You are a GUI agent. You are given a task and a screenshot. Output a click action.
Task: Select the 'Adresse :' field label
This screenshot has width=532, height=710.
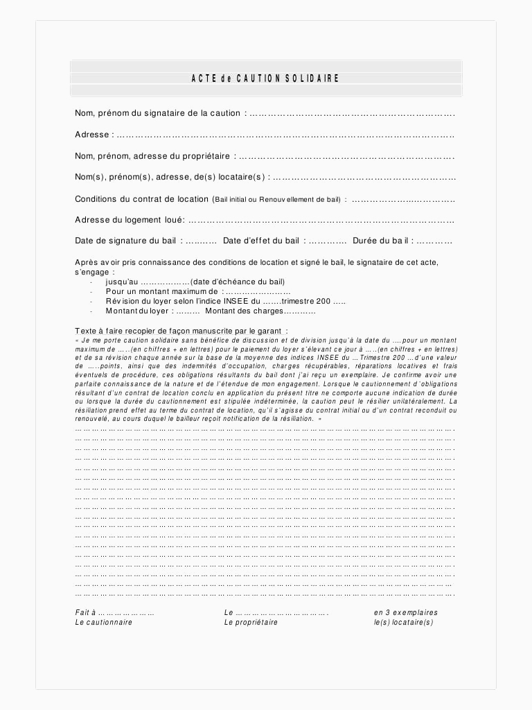(92, 135)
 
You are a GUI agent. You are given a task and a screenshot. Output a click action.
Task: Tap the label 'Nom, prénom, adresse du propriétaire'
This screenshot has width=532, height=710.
(152, 156)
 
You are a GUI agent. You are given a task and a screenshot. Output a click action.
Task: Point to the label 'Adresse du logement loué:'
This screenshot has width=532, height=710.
(130, 220)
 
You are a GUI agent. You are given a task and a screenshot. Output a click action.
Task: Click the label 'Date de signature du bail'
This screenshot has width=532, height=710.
(127, 241)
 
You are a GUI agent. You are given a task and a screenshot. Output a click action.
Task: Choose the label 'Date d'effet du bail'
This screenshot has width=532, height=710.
(261, 241)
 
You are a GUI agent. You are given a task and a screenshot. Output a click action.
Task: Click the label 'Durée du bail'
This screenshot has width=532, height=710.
(382, 241)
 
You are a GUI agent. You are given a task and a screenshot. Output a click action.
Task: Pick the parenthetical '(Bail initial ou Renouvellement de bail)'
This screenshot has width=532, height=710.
(276, 200)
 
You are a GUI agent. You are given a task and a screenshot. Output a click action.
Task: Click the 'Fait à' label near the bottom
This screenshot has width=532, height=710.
(85, 613)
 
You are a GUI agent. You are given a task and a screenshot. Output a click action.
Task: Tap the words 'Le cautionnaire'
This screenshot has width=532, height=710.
(104, 623)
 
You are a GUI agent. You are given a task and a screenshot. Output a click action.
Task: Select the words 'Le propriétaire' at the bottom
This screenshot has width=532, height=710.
(251, 623)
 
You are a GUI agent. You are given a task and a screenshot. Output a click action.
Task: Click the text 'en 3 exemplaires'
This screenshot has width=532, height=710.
(406, 613)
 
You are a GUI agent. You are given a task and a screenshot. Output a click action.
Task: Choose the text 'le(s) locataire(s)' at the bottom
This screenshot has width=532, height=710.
(404, 623)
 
